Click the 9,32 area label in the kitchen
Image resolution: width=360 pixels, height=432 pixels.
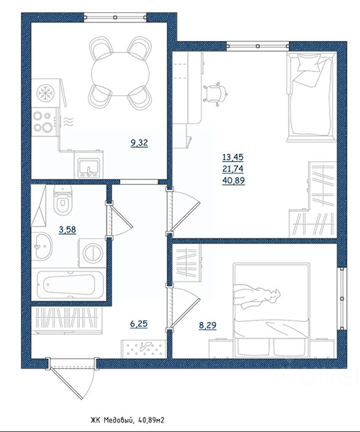pos(140,143)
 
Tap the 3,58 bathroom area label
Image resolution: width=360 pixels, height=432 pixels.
pos(68,230)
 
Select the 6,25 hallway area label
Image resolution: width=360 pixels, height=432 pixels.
pos(139,324)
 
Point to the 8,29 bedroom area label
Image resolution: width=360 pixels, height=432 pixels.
pos(207,325)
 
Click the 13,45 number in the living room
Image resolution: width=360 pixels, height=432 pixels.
pos(233,157)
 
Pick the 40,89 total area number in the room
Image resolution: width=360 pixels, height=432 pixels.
pos(233,181)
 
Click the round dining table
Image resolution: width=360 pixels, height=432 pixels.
pos(120,73)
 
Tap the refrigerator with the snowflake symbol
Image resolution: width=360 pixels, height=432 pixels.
pos(46,93)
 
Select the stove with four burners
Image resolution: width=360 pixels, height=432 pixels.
pos(45,122)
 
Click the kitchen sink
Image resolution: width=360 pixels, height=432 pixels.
pos(89,168)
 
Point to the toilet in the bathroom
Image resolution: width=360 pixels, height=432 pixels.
pos(63,199)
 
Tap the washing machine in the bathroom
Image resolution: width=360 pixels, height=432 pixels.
pos(92,253)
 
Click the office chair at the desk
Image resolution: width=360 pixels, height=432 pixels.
pos(216,93)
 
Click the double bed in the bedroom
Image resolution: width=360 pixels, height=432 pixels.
pos(271,310)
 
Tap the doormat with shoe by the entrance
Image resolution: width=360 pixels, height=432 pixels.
pos(144,348)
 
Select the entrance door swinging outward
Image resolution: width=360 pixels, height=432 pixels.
pos(72,378)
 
